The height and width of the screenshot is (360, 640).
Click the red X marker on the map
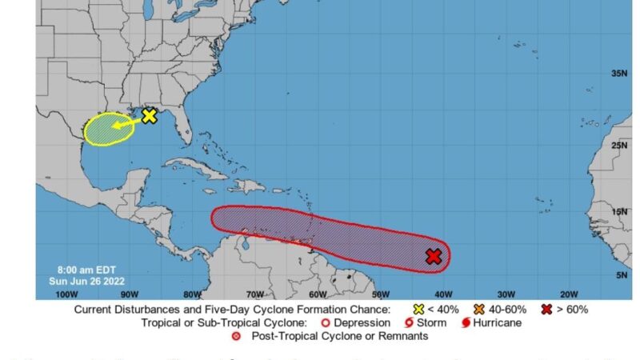(x=434, y=256)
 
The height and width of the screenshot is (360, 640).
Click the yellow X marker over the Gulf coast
(x=149, y=116)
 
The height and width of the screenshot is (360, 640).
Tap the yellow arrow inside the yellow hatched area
(x=122, y=124)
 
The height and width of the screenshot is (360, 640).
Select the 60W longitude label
(x=317, y=294)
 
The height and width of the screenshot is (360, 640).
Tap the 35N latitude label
(x=619, y=73)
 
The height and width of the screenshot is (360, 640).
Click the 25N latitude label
(x=619, y=146)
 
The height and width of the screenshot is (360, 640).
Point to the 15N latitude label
(x=619, y=211)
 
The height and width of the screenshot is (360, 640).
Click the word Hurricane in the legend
(x=497, y=322)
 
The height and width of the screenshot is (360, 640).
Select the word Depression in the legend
(x=363, y=322)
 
